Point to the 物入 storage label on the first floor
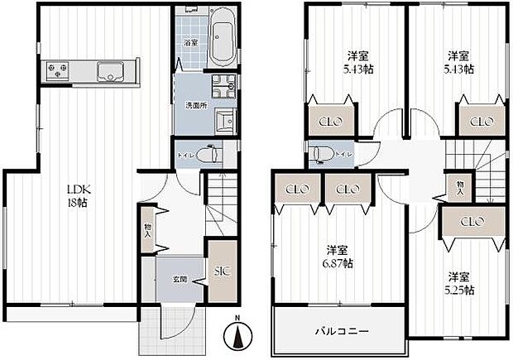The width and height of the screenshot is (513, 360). coord(148,231)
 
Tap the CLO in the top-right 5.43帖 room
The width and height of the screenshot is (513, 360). coord(481,122)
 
